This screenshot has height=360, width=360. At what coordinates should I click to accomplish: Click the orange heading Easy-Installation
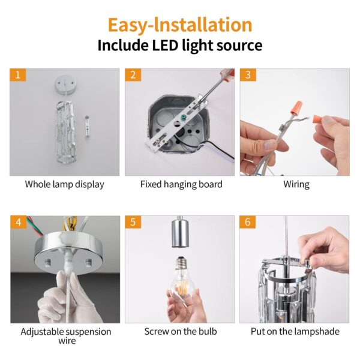180,25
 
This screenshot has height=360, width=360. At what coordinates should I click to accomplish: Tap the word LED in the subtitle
165,45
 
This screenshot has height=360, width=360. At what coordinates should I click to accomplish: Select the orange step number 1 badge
18,75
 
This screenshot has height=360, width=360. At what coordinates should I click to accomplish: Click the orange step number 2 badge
133,75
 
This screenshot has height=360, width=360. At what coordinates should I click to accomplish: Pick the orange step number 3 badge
248,75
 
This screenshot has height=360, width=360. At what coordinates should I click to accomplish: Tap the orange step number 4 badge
19,222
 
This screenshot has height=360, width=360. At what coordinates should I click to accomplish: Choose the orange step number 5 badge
133,222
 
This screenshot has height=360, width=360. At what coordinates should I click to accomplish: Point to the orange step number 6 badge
247,222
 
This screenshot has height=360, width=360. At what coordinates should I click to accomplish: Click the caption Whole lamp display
65,185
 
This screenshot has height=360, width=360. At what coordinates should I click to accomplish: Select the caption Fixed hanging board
181,184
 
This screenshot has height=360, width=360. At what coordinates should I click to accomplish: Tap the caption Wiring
296,185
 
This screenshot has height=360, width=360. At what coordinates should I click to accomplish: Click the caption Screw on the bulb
181,331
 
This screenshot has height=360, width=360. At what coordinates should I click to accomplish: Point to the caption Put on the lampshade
295,332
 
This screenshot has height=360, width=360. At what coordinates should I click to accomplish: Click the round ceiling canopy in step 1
65,85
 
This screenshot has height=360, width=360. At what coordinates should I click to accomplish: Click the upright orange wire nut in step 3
296,108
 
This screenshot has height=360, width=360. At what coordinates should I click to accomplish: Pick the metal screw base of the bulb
182,262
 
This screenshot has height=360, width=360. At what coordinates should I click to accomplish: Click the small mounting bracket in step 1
87,126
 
